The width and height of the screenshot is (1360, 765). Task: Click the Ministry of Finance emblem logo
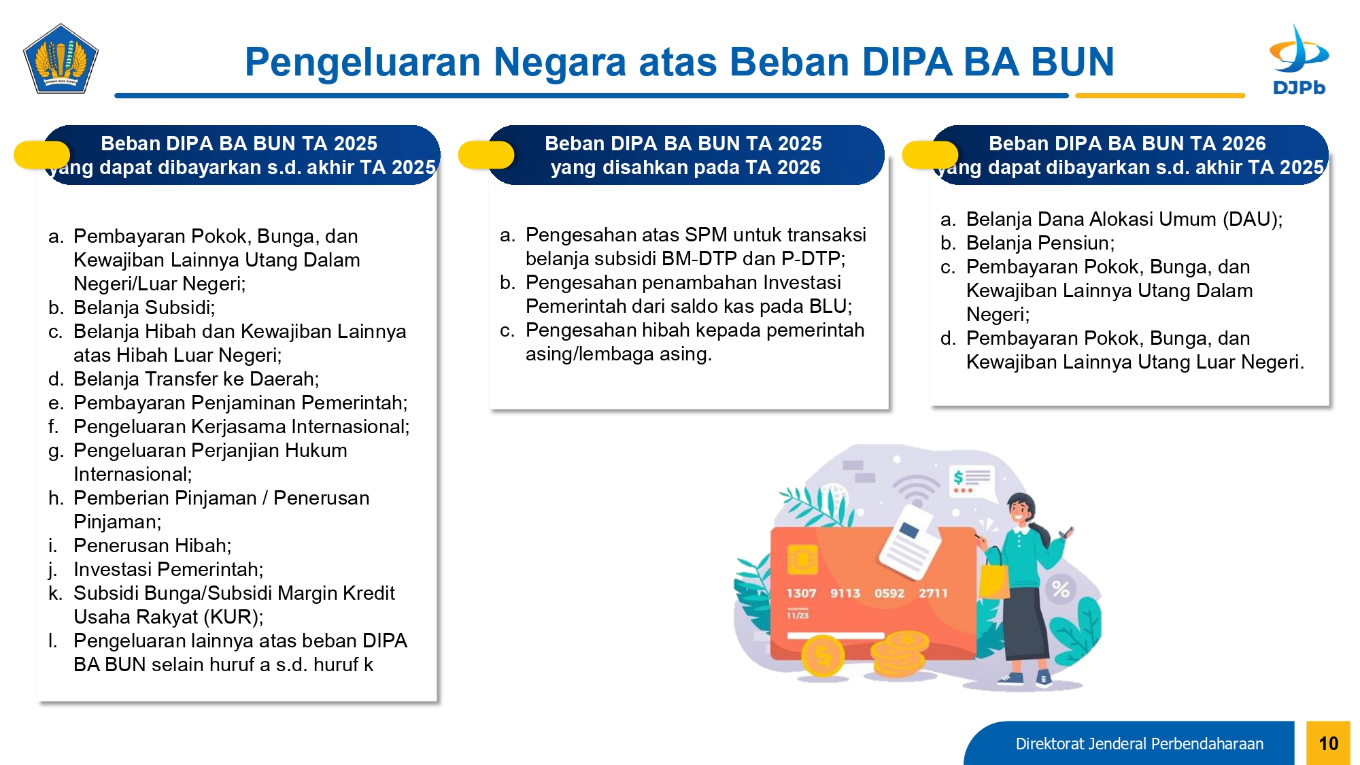click(x=61, y=58)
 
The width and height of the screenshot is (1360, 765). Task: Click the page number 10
click(x=1328, y=743)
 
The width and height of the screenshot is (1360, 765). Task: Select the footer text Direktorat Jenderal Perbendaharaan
click(x=1139, y=744)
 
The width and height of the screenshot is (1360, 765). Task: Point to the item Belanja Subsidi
click(x=144, y=307)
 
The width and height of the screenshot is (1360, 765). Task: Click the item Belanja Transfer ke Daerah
click(x=196, y=379)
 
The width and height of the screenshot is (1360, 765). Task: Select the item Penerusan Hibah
click(x=152, y=545)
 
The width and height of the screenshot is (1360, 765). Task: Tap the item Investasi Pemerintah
click(x=168, y=569)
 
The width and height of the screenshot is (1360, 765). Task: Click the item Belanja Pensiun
click(x=1040, y=243)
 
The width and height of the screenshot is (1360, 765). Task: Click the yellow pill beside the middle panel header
click(x=486, y=155)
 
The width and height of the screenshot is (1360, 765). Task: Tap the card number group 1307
click(x=801, y=593)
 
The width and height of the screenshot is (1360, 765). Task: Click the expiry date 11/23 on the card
click(x=798, y=615)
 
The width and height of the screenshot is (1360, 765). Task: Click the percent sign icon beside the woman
click(x=1060, y=589)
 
